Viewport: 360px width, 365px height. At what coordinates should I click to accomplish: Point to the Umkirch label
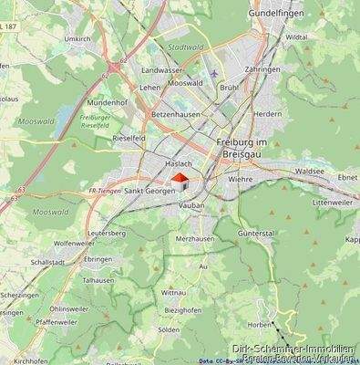point(77,39)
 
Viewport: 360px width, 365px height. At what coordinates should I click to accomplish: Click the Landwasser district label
point(161,70)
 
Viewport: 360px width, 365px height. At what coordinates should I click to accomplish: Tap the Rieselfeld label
point(129,138)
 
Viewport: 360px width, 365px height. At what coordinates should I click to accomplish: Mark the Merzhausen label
point(194,237)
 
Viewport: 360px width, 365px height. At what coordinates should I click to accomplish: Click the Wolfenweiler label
point(75,244)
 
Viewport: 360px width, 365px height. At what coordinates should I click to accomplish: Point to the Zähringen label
point(262,68)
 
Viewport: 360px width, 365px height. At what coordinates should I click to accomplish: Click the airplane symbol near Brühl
point(214,73)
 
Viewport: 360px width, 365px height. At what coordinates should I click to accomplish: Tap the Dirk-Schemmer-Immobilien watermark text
point(292,349)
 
